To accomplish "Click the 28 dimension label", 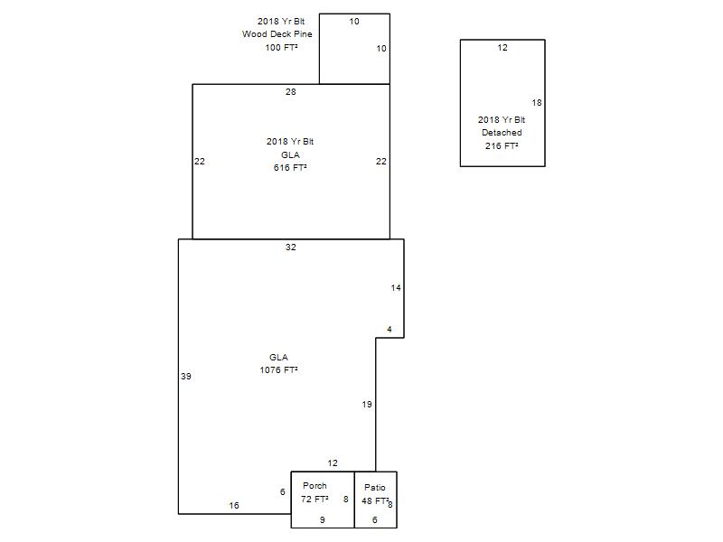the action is (290, 92).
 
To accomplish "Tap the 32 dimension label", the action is (290, 247).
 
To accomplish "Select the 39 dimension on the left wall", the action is (186, 376).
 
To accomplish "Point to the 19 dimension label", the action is (367, 404).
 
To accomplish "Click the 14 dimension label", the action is (396, 287).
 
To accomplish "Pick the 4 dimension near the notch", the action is (390, 329).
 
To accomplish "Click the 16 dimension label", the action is (234, 506).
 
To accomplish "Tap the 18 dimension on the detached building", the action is (537, 103).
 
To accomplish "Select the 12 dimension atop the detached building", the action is (502, 48).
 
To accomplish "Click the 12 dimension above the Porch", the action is (333, 463).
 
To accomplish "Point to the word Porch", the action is (315, 485).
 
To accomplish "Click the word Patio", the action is (375, 487).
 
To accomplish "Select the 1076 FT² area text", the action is (278, 369).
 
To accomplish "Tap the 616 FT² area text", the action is (290, 167).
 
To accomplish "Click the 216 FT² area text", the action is (502, 145).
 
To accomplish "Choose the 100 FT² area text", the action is (281, 47).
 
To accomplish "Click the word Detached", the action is (502, 132).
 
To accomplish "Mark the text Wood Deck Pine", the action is (277, 33).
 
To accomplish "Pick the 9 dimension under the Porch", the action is (323, 519).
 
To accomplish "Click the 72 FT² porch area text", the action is (315, 499).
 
